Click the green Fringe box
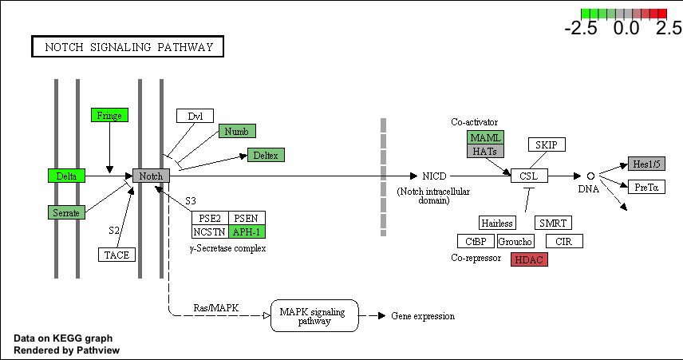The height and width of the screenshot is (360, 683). [x=109, y=115]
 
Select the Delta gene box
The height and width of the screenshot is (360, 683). [x=66, y=176]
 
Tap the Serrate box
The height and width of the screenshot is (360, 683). [x=66, y=212]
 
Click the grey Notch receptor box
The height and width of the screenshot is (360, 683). [x=151, y=176]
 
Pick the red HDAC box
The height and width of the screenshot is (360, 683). [x=529, y=259]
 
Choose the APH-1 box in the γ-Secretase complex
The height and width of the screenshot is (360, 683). [x=247, y=231]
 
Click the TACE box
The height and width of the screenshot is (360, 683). [x=116, y=255]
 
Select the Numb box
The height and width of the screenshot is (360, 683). [x=237, y=131]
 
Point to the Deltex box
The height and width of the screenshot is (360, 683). [x=266, y=155]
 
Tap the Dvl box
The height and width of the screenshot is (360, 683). [x=195, y=116]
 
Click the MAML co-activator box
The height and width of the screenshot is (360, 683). [x=485, y=137]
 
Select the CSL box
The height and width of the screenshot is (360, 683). [x=529, y=176]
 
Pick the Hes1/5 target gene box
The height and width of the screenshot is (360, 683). [x=646, y=164]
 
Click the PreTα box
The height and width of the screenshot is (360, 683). [x=646, y=187]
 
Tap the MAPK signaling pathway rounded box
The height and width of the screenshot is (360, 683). [x=314, y=315]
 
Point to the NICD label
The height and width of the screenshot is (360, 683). [x=434, y=176]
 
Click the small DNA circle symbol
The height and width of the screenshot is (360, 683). [x=590, y=176]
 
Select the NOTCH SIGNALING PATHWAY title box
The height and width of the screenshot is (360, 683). [x=128, y=46]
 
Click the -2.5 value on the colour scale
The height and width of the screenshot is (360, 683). [x=581, y=28]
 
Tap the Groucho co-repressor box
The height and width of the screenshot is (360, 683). [x=515, y=241]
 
